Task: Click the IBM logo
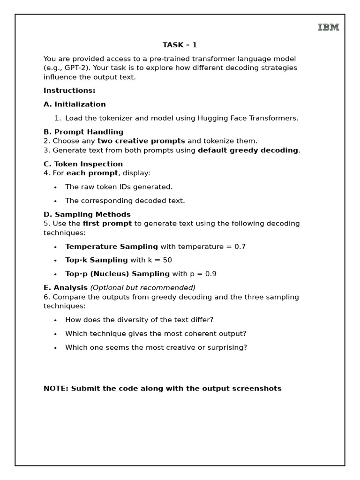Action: [x=328, y=27]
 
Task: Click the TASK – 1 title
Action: [x=180, y=45]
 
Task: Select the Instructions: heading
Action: [x=69, y=90]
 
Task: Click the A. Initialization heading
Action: [x=75, y=104]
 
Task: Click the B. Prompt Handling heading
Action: [x=83, y=132]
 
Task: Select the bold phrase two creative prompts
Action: [x=141, y=141]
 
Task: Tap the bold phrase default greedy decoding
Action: [x=248, y=150]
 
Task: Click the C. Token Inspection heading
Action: [x=83, y=164]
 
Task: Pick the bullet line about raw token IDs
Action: [x=119, y=187]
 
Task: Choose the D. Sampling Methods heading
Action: [x=87, y=215]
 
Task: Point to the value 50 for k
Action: [x=167, y=260]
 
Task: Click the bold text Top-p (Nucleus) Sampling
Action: [x=117, y=274]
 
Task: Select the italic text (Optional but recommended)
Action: [x=142, y=288]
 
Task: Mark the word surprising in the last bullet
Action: [x=227, y=348]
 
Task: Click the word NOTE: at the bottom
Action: [x=56, y=389]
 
